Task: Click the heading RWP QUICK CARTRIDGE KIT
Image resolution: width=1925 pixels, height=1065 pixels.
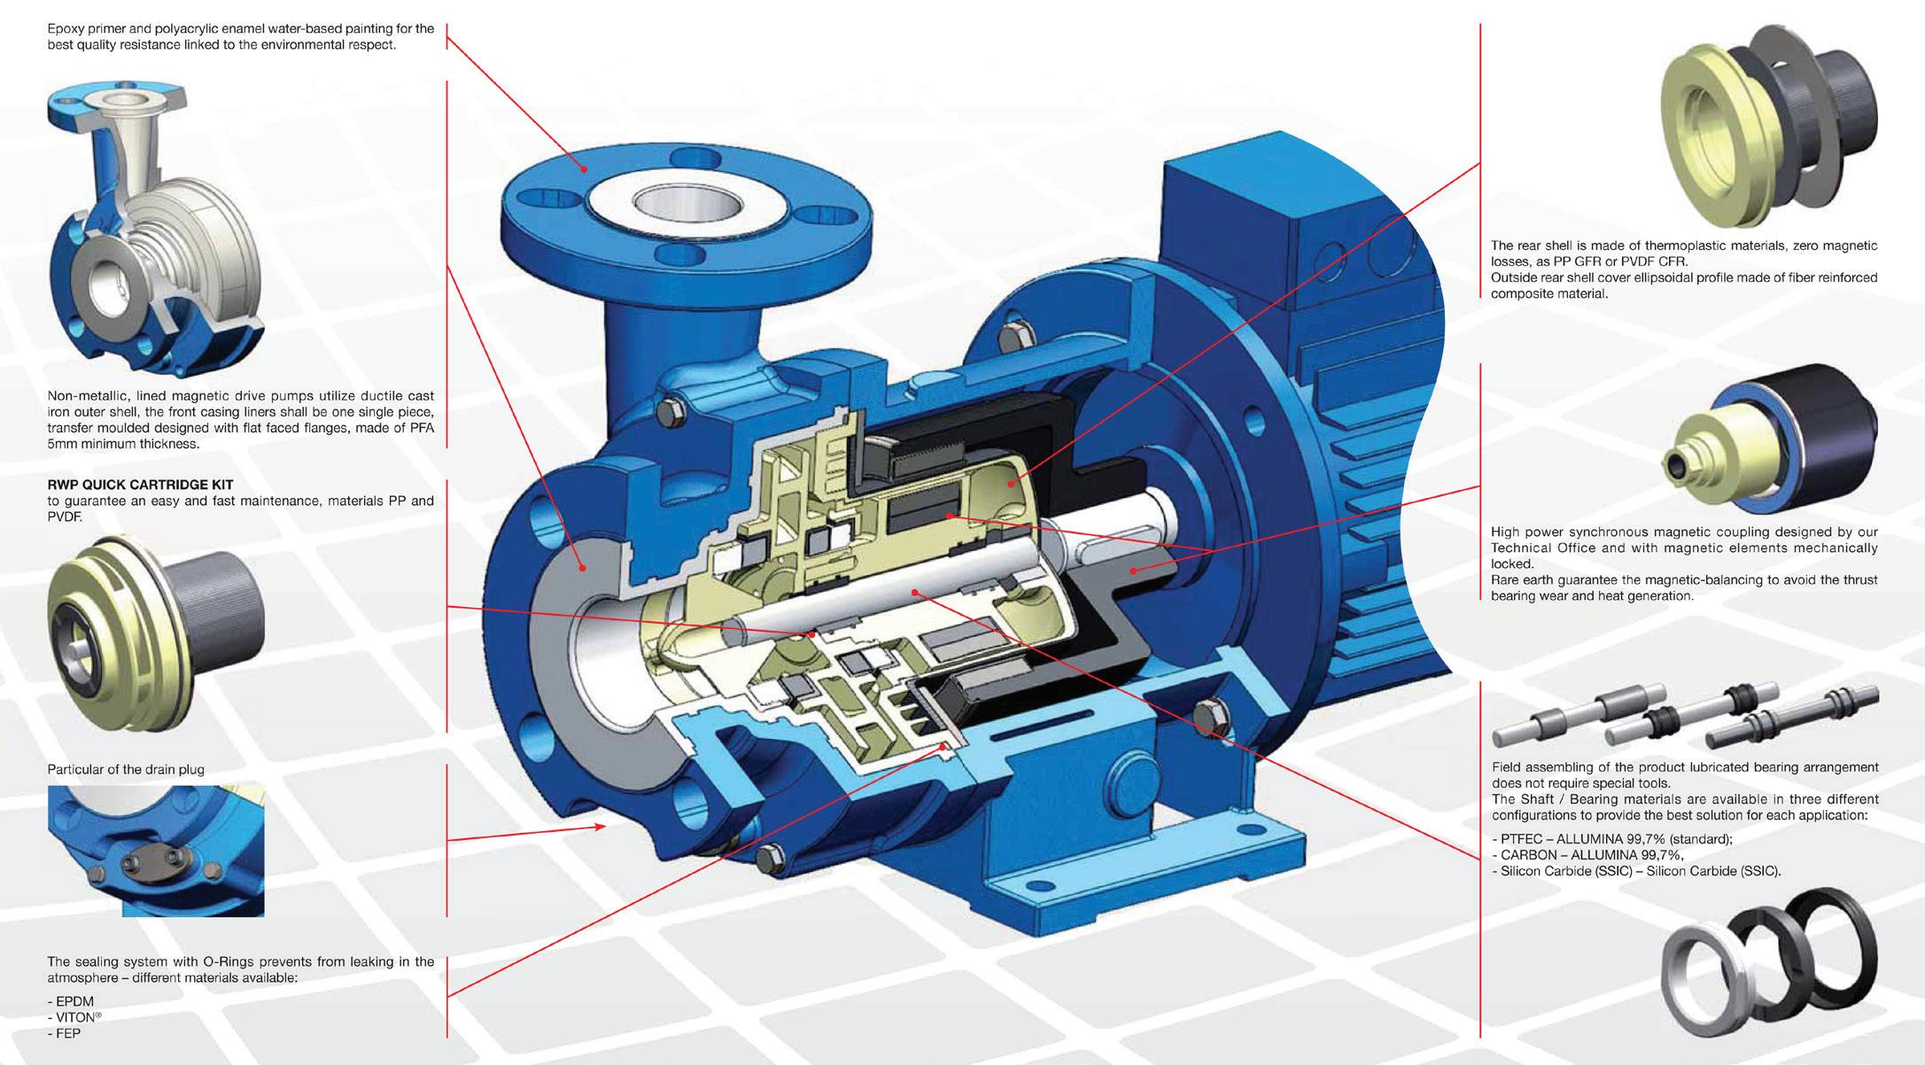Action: pos(140,485)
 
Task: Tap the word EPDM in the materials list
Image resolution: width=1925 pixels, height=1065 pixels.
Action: pos(74,1002)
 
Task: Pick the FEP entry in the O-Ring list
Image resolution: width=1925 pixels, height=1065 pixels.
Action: pos(68,1034)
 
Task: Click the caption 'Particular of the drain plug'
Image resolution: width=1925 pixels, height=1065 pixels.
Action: pos(126,769)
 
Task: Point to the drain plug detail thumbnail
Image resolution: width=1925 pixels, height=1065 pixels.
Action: pos(156,851)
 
